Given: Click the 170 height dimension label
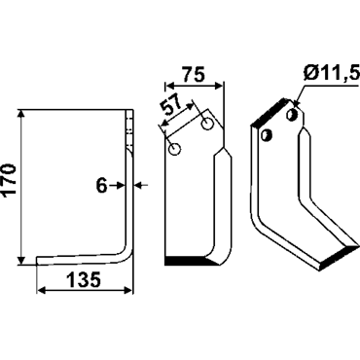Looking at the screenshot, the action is tap(10, 179).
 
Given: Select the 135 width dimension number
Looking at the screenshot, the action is tap(84, 280).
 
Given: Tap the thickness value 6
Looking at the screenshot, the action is tap(102, 186).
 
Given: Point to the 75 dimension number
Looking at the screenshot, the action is tap(194, 75).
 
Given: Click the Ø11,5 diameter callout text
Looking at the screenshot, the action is tap(332, 74).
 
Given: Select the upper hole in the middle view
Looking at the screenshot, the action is tap(207, 124).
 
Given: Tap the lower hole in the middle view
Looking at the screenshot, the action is tap(175, 149).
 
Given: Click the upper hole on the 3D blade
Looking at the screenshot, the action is tap(292, 114).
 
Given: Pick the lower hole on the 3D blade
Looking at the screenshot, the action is tap(267, 135).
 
